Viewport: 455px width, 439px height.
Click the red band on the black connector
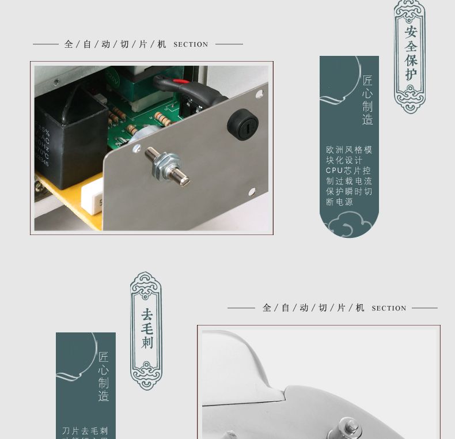(x=180, y=82)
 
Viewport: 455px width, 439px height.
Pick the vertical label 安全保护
(x=410, y=54)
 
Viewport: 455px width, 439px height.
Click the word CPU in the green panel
(x=334, y=171)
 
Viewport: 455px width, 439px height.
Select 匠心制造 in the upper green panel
(x=367, y=100)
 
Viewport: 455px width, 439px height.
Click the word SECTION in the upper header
(x=191, y=44)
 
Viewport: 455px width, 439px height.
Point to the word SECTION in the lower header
(x=389, y=308)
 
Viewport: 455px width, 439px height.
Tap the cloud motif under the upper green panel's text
(x=348, y=223)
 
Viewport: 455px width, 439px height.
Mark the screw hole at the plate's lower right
(x=252, y=191)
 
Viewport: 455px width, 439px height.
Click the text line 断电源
(x=339, y=202)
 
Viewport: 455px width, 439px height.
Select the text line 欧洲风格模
(x=349, y=150)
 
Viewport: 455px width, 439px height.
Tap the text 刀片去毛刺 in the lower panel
(x=85, y=430)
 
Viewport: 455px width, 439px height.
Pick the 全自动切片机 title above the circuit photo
(x=115, y=44)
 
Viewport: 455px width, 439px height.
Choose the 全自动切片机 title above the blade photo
(x=313, y=308)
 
